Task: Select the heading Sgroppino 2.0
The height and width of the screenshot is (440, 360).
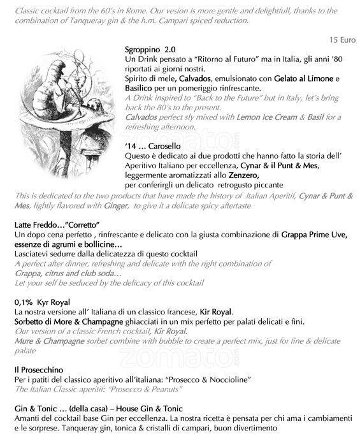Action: [x=150, y=49]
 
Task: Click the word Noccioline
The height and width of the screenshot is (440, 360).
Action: [x=229, y=379]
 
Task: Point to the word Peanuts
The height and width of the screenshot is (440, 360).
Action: [x=170, y=389]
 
